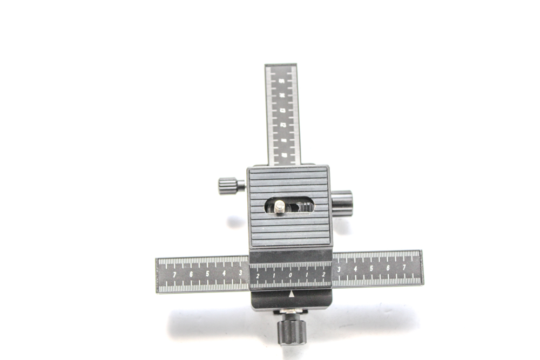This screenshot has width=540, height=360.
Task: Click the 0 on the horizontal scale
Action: click(291, 276)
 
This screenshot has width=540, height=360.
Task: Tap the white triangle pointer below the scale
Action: click(292, 294)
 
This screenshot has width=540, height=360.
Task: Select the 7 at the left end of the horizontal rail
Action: click(174, 275)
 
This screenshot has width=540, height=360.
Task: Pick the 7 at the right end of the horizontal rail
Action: click(404, 267)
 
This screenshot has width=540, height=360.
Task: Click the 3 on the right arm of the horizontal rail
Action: click(339, 269)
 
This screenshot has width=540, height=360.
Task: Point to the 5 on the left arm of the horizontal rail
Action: click(207, 274)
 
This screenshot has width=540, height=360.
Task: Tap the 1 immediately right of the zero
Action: click(307, 276)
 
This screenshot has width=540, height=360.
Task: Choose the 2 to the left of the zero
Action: click(258, 276)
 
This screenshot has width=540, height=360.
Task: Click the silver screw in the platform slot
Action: click(279, 207)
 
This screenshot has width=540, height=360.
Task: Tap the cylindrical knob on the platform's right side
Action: click(342, 202)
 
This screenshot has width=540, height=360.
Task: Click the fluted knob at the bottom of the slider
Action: click(292, 330)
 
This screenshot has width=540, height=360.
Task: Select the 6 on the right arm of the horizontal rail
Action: click(388, 268)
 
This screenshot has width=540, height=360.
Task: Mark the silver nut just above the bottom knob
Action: click(292, 312)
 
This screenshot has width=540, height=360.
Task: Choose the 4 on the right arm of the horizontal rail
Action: click(355, 268)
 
